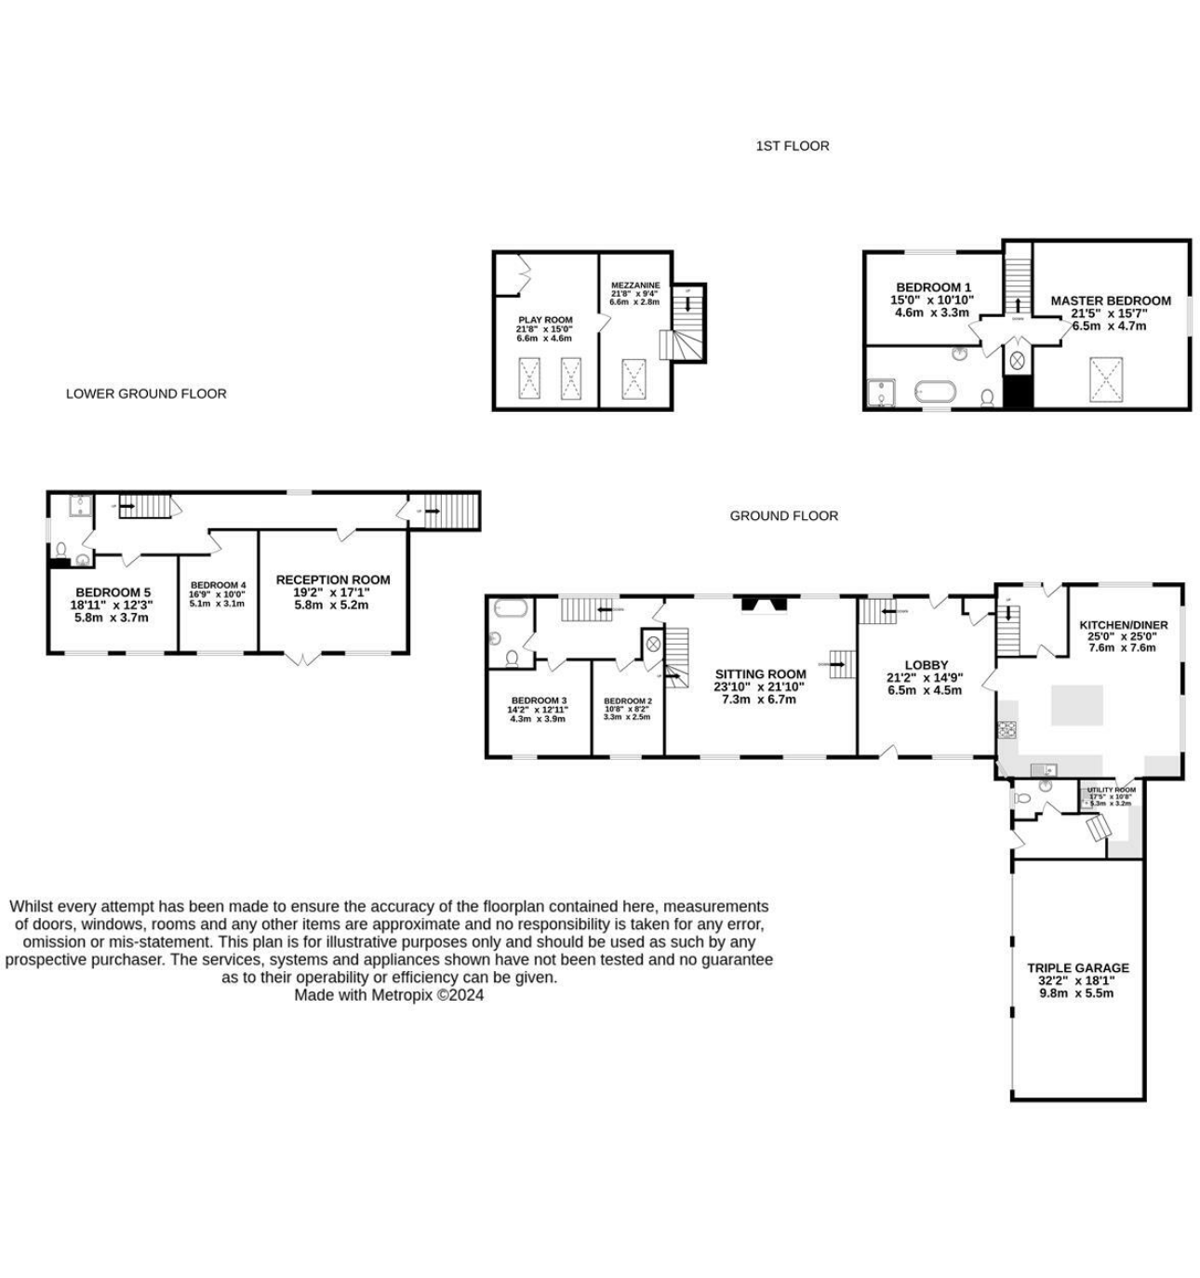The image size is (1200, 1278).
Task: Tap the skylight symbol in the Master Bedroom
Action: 1106,379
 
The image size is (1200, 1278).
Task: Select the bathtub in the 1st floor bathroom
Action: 934,391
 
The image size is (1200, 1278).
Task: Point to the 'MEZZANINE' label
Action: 635,286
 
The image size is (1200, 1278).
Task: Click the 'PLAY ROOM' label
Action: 545,320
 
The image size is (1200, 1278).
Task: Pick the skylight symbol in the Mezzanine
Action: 635,378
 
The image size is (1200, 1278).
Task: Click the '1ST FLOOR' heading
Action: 792,146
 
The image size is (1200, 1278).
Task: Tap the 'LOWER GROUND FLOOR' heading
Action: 146,393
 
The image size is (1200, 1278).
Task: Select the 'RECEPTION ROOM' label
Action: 333,579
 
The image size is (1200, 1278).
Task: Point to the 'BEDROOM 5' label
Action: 113,592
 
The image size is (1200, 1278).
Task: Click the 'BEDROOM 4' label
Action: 218,585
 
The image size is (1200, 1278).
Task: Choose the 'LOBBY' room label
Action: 926,665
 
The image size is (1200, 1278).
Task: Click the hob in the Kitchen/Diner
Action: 1007,729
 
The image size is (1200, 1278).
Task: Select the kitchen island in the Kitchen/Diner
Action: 1077,705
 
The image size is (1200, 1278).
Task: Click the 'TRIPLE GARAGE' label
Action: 1077,967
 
